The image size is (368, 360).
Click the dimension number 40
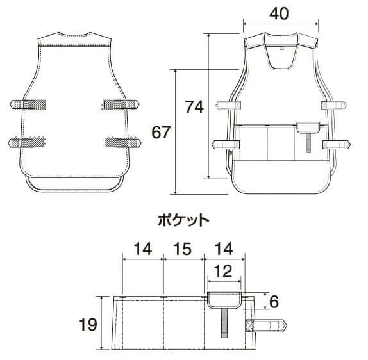pos(281,12)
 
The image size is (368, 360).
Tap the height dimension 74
pos(194,107)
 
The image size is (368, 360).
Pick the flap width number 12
pos(224,272)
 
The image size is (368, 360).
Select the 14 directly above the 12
pos(224,250)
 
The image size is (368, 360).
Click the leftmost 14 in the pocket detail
pos(143,250)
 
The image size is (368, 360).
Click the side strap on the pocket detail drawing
pos(266,326)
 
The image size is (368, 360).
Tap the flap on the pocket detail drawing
pos(224,299)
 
